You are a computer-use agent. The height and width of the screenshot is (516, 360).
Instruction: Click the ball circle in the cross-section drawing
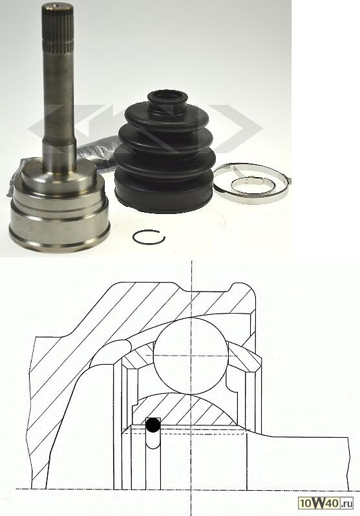(191, 356)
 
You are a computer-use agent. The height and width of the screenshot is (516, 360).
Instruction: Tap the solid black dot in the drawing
(153, 425)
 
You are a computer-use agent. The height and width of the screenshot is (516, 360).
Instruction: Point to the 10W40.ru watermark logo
(326, 503)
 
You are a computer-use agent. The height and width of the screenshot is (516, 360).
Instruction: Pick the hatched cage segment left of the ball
(138, 357)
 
